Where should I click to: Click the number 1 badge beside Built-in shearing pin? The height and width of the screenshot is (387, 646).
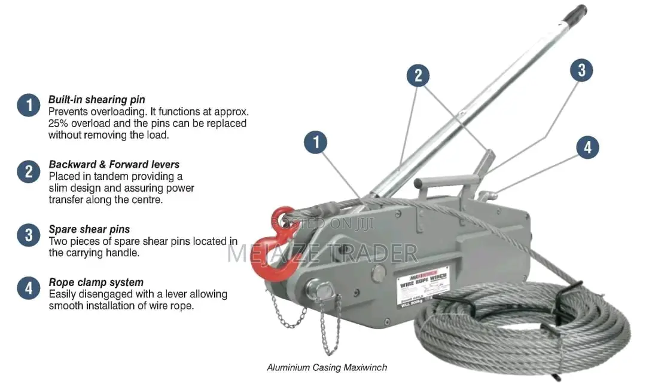coord(28,105)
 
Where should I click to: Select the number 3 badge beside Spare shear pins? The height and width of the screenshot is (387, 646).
coord(28,235)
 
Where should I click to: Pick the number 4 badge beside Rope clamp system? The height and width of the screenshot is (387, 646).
coord(28,288)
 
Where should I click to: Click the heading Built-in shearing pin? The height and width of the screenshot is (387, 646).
coord(96,100)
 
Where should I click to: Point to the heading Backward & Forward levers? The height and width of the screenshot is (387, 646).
coord(114,164)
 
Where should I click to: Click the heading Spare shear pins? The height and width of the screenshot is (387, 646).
coord(89,229)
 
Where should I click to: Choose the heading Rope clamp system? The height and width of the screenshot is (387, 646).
coord(96,282)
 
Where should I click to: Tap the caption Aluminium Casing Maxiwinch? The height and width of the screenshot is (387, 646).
coord(327,367)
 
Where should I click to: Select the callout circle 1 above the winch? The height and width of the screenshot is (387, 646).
coord(316,143)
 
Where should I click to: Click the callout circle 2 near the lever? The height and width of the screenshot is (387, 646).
coord(418,75)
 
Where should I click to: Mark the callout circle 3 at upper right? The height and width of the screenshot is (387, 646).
coord(581,70)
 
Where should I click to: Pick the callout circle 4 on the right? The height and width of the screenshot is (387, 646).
coord(587,147)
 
